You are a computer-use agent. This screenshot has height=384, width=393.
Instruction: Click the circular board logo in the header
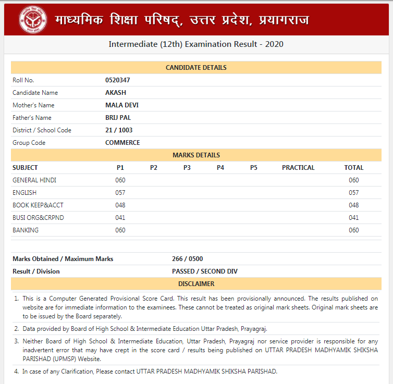33,20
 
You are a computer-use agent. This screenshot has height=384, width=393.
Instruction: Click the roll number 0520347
117,80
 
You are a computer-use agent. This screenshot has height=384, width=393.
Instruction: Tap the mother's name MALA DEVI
121,105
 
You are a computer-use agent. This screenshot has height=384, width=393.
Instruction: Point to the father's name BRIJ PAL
118,118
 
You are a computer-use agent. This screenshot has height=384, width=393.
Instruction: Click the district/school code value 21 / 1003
119,130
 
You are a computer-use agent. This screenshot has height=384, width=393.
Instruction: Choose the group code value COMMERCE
122,143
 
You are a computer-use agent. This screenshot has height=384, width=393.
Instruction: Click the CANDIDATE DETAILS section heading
196,68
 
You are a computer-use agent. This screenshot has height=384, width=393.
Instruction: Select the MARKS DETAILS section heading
196,155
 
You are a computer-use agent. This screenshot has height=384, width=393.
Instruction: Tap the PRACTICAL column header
298,168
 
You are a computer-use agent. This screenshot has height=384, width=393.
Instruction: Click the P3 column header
187,168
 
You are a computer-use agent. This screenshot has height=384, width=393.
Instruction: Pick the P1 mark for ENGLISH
120,193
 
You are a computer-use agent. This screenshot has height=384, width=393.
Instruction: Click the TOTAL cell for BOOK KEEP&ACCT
354,205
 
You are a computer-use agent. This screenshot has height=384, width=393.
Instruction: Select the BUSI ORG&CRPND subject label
38,218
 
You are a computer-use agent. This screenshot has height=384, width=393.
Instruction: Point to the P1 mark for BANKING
120,230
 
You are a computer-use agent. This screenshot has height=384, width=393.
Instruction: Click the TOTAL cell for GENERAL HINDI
354,180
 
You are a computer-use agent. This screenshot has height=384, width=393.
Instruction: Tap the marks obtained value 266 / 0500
188,259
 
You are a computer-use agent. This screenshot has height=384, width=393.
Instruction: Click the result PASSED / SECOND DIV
205,271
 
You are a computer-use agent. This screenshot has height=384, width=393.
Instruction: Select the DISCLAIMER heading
196,284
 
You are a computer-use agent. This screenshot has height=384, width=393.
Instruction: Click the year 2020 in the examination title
274,44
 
